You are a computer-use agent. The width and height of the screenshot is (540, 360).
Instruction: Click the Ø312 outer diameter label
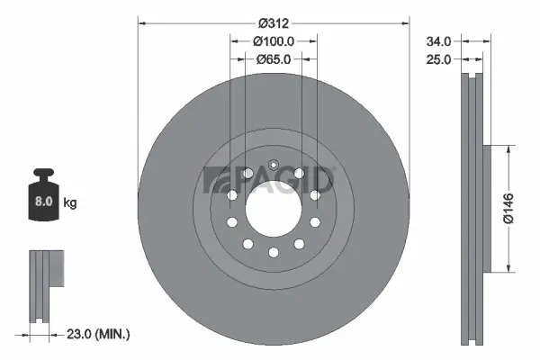pos(273,22)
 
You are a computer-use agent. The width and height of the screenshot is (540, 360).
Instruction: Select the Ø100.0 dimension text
pos(274,41)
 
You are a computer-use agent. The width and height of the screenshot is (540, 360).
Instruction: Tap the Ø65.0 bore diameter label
pos(274,59)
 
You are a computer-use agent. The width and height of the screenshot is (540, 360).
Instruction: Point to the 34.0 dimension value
pos(439,41)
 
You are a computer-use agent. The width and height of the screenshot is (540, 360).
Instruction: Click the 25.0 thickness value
pos(439,59)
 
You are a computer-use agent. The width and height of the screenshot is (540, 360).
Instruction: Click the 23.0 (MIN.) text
pos(99,334)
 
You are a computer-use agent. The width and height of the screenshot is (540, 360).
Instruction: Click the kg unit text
pos(70,203)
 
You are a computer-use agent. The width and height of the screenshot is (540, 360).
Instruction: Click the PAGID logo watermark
pos(270,179)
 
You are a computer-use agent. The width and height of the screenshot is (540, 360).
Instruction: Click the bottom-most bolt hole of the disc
pos(273,253)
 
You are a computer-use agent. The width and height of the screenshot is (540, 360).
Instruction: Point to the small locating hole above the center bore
pos(273,165)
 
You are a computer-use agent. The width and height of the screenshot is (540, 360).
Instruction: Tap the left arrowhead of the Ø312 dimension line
pos(142,22)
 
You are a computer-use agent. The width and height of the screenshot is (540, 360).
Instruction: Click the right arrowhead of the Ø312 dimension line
pos(404,22)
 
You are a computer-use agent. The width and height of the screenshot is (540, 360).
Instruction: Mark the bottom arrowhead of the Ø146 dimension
pos(510,266)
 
